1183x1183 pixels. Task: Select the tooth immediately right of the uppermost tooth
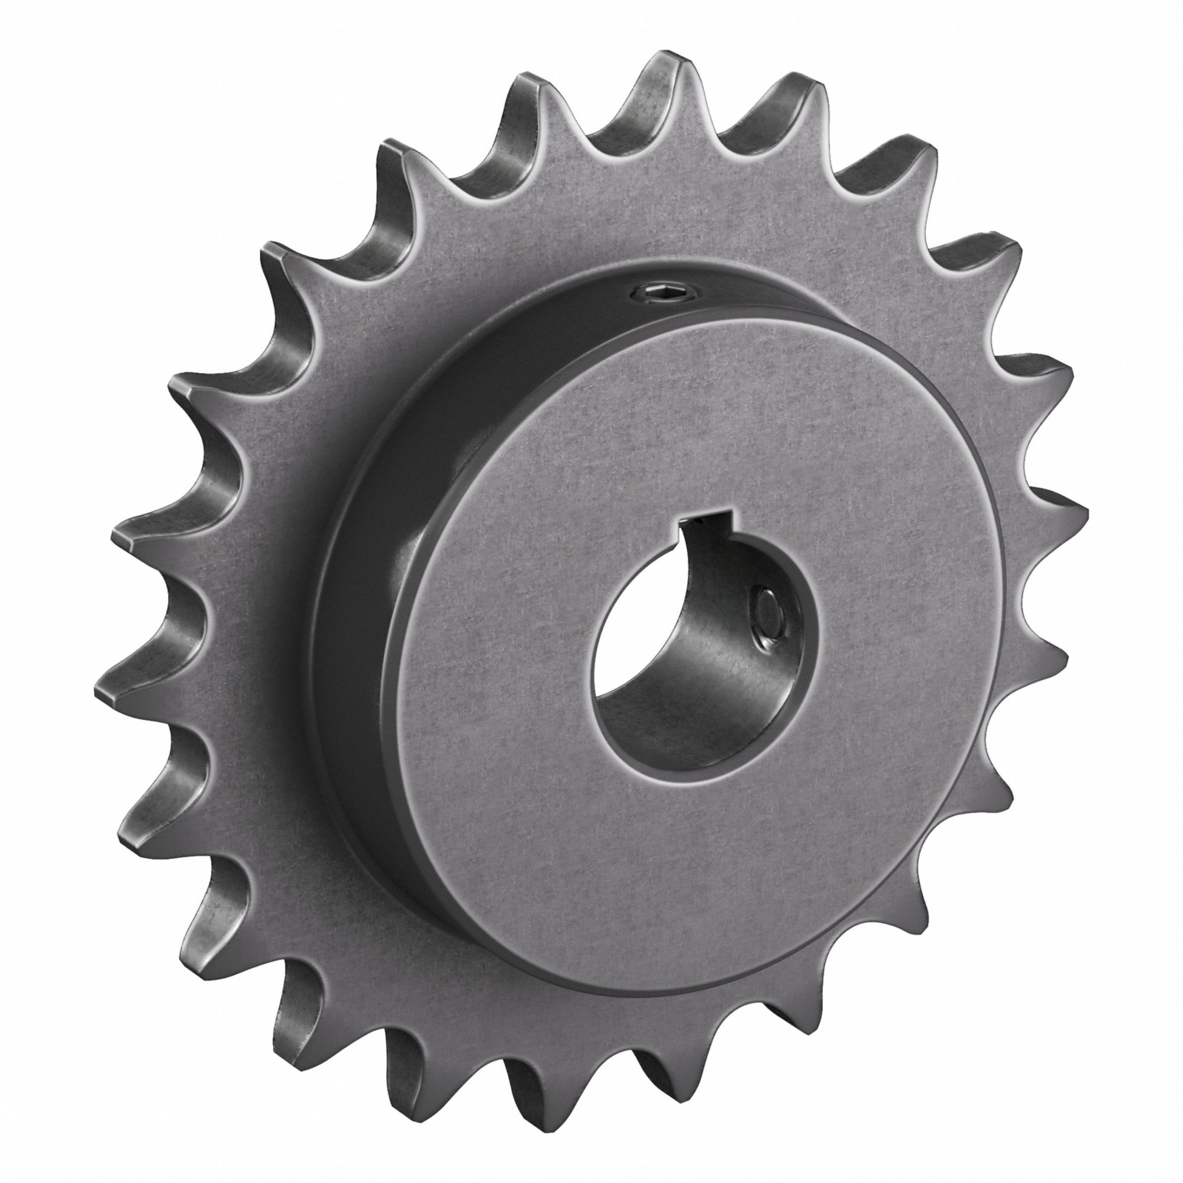click(x=799, y=92)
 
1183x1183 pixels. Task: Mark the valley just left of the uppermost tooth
click(x=597, y=147)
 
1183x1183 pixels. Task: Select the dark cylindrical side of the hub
click(x=367, y=612)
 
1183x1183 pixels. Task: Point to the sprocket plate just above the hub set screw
click(x=649, y=232)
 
